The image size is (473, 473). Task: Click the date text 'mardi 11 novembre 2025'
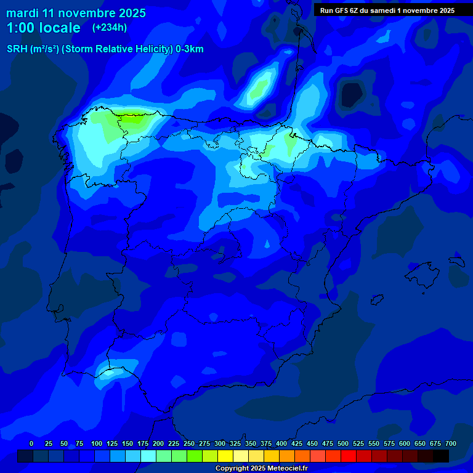coord(76,13)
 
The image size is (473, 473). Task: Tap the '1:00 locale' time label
coord(43,28)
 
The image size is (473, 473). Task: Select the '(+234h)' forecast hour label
coord(110,27)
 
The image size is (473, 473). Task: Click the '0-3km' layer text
coord(190,49)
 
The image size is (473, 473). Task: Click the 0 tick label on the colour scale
coord(31,443)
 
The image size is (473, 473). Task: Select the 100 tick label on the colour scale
coord(97,443)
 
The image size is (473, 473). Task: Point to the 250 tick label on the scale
coord(189,443)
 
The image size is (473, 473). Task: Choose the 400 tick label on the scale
coord(281,443)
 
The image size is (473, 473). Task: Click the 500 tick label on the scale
coord(343,443)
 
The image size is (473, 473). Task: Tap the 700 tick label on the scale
coord(450,443)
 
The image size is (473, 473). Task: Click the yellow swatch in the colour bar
coord(225,456)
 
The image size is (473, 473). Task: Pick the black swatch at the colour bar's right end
coord(441,456)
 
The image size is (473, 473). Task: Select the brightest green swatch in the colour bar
coord(195,456)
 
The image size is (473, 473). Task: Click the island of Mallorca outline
coord(426,272)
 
